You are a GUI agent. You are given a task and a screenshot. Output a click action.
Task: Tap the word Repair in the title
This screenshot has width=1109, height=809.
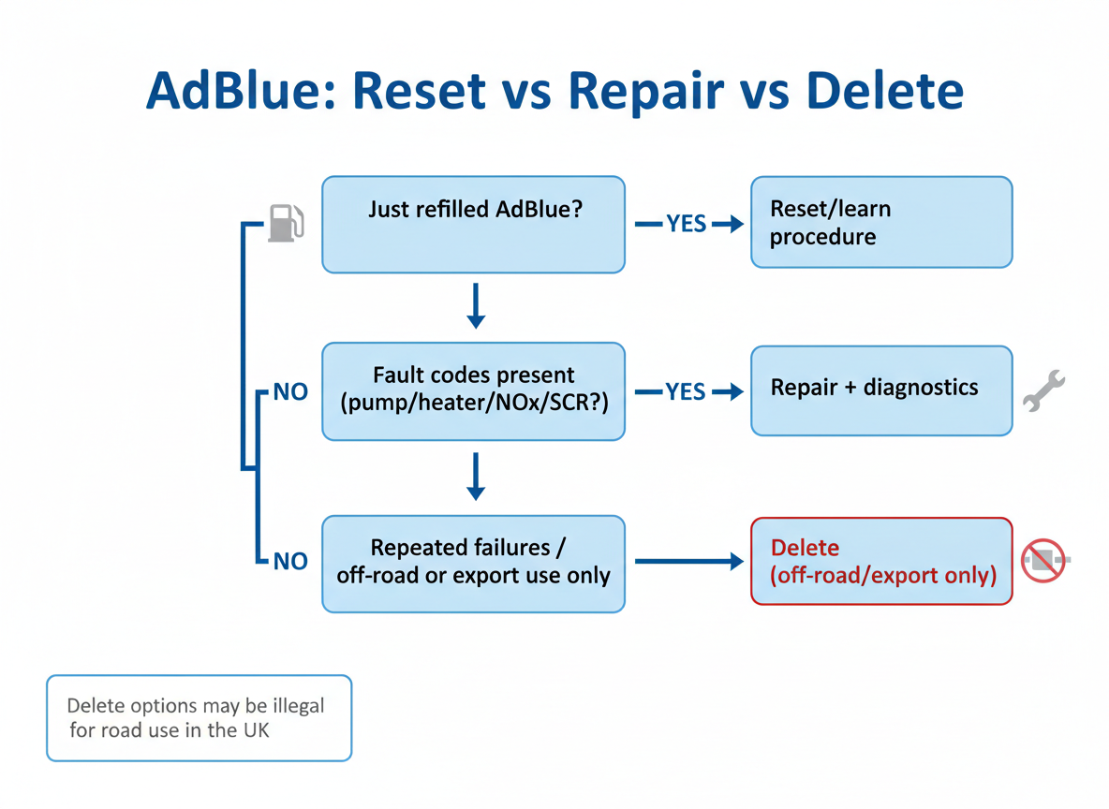(646, 91)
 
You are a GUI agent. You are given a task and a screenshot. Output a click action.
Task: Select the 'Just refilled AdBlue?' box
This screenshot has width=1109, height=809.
(473, 225)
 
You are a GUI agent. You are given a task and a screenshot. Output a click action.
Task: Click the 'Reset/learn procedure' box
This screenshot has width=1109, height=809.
(880, 223)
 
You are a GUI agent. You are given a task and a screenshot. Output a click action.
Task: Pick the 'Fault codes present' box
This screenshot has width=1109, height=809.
(473, 390)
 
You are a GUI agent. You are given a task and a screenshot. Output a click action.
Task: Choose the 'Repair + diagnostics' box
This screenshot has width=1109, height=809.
(880, 390)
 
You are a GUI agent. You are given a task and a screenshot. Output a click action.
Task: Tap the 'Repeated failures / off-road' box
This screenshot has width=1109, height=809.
(473, 563)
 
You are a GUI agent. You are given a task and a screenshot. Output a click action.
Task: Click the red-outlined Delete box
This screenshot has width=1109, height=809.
(880, 562)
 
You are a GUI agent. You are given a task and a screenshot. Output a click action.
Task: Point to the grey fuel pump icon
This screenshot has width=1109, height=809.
(286, 223)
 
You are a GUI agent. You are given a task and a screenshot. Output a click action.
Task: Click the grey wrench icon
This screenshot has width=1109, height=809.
(1043, 391)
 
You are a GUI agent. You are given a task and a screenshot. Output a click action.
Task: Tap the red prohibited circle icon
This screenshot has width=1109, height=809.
(1043, 561)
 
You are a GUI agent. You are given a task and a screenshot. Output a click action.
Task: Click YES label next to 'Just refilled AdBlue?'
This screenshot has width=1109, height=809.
(686, 225)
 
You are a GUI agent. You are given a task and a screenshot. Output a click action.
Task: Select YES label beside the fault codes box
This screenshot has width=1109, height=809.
(686, 391)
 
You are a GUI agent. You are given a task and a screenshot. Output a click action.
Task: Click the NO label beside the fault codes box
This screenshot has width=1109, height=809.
(290, 392)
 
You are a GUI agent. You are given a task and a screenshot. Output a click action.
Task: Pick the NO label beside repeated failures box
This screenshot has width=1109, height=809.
(290, 562)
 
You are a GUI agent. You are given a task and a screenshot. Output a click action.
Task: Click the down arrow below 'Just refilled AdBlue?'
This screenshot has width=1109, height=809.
(476, 305)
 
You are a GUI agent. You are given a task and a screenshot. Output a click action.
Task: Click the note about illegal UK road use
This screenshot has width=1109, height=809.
(199, 717)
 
